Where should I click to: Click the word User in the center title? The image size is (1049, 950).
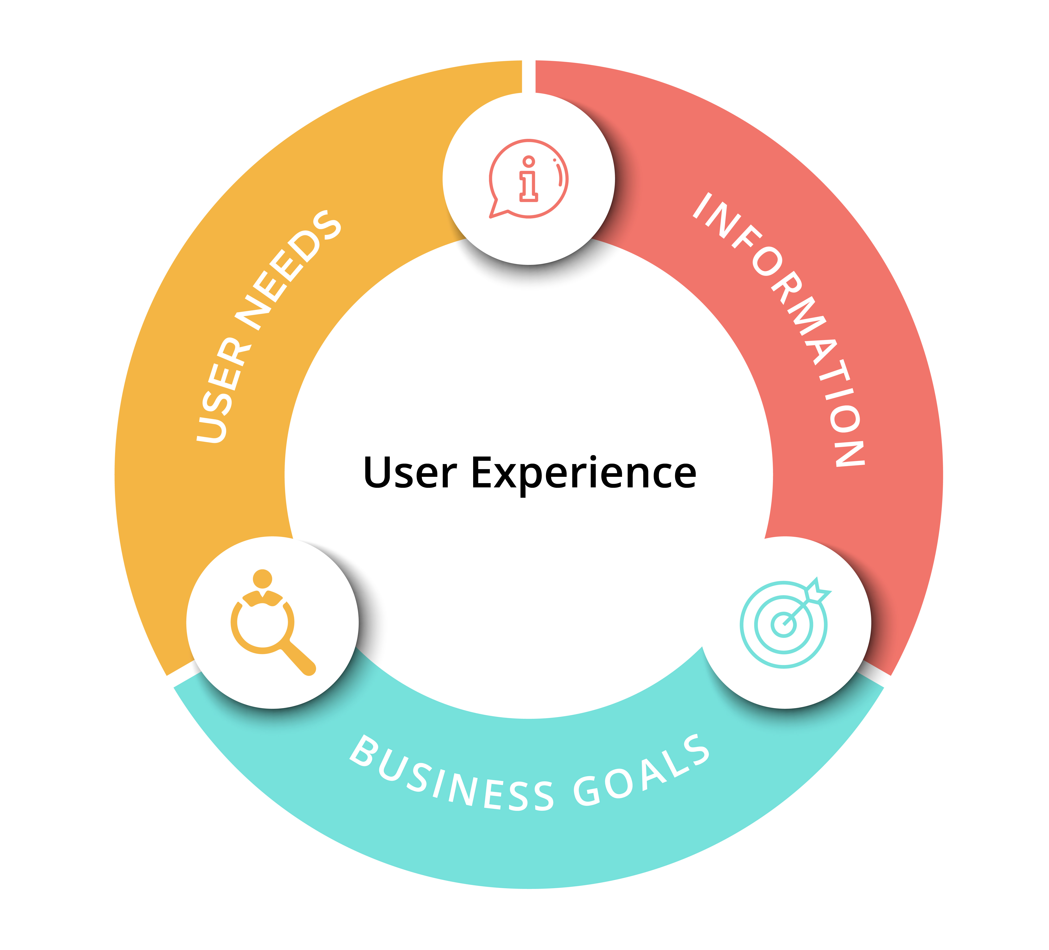(410, 472)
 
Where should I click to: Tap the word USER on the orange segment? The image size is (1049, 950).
(222, 390)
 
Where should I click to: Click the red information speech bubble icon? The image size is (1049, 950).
(528, 178)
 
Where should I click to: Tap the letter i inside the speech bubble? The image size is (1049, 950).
(529, 178)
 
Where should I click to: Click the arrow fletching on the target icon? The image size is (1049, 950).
(817, 591)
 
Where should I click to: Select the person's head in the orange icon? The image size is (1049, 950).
(263, 579)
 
